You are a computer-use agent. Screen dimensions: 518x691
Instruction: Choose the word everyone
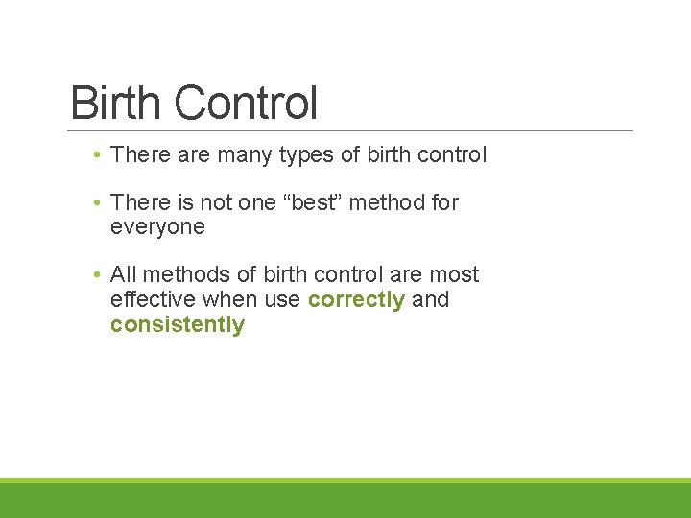pyautogui.click(x=157, y=227)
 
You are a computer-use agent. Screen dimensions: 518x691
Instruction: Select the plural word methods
pyautogui.click(x=181, y=275)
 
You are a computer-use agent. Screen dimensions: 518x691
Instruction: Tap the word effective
pyautogui.click(x=149, y=299)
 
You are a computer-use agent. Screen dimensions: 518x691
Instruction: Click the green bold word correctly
pyautogui.click(x=356, y=299)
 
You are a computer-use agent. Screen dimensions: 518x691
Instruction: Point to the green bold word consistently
pyautogui.click(x=178, y=324)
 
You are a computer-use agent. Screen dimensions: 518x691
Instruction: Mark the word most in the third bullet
pyautogui.click(x=455, y=275)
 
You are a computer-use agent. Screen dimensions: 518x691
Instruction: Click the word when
pyautogui.click(x=226, y=299)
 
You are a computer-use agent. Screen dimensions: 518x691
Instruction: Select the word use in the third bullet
pyautogui.click(x=282, y=299)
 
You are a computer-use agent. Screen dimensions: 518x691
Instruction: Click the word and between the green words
pyautogui.click(x=430, y=299)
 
